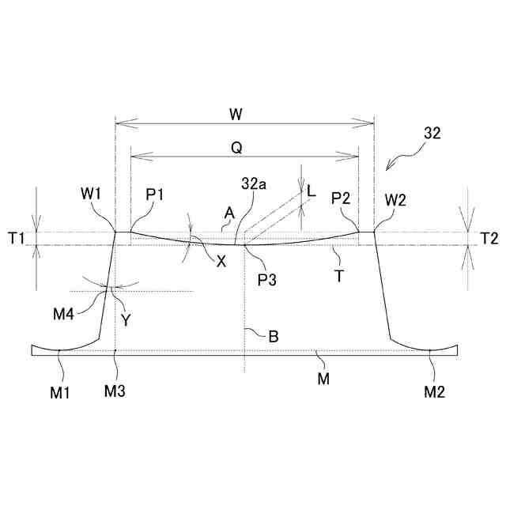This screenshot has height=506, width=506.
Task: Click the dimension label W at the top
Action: click(235, 114)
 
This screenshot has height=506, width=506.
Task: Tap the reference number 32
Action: click(432, 134)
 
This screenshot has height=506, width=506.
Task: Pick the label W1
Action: click(91, 191)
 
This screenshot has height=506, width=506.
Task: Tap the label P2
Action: click(342, 197)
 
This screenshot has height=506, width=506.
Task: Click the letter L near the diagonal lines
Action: click(312, 191)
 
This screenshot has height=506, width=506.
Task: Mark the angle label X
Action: click(221, 261)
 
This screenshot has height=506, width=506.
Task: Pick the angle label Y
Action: click(126, 319)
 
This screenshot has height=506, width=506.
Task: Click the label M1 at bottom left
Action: click(62, 390)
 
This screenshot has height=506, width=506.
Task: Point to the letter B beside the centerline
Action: click(273, 336)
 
